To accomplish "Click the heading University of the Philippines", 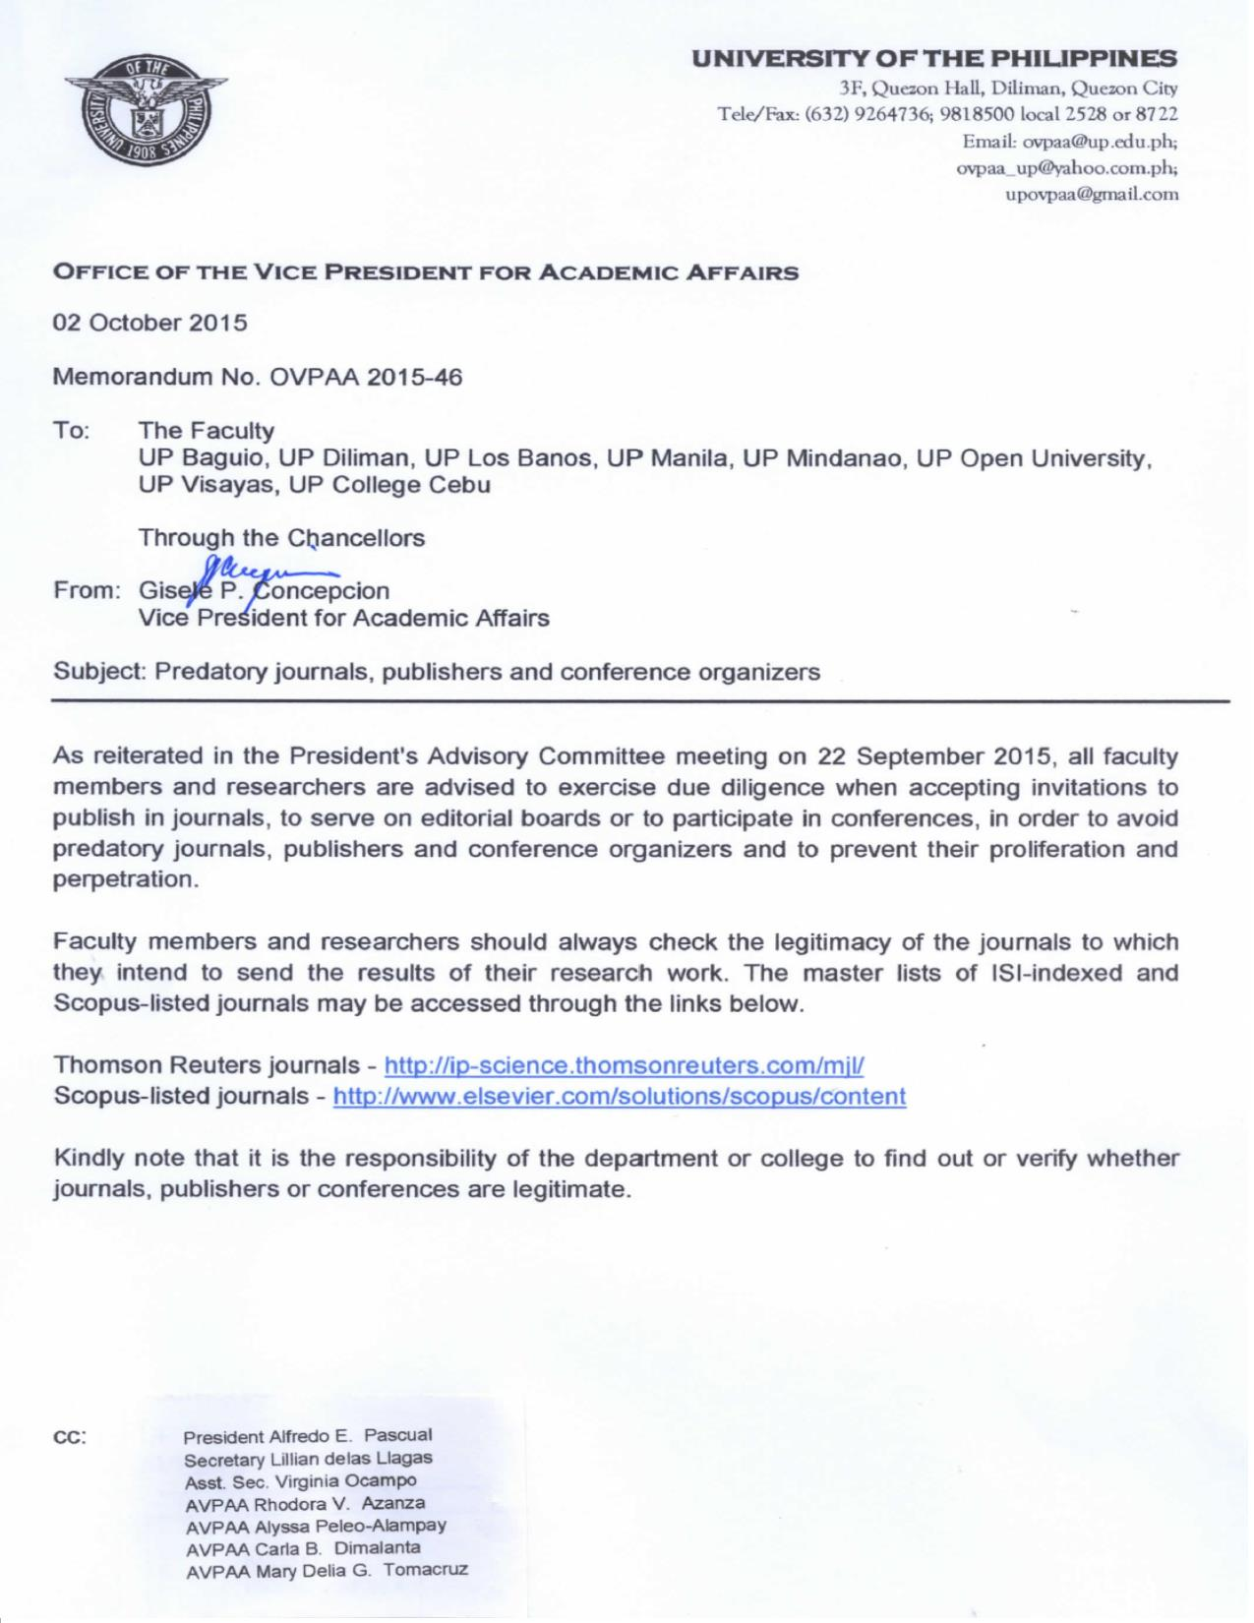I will pos(933,58).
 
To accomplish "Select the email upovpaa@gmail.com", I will pos(1091,194).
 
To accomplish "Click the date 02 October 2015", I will pos(150,322).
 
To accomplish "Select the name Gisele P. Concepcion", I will pos(265,591).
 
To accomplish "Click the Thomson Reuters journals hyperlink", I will pos(624,1064).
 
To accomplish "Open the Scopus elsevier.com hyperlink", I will pos(620,1096).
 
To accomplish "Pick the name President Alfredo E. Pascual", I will pos(308,1436).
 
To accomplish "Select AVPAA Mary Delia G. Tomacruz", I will pos(327,1570).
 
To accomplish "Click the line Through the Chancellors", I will pos(281,538).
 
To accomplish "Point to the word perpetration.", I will pos(125,879).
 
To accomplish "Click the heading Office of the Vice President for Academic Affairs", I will pos(425,272).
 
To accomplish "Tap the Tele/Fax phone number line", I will pos(949,113).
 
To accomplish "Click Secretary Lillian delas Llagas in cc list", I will pos(308,1459).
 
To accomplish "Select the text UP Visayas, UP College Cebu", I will pos(315,485).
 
